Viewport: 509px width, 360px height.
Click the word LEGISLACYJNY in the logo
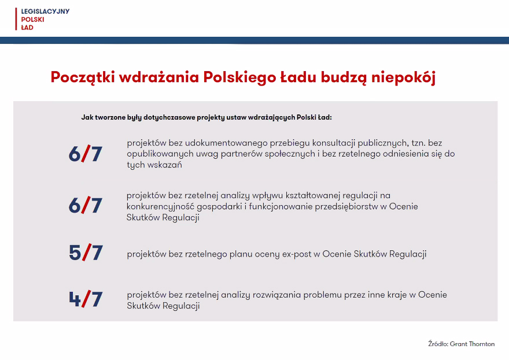[45, 12]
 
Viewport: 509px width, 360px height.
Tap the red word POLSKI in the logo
[32, 20]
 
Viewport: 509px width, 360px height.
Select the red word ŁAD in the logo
[27, 27]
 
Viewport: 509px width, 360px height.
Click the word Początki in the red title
[83, 77]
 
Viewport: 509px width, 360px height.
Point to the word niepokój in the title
[403, 78]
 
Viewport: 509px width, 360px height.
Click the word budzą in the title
[344, 78]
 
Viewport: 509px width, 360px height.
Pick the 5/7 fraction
[86, 253]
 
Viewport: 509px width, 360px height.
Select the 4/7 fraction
[86, 299]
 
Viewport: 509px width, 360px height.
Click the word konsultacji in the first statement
[334, 143]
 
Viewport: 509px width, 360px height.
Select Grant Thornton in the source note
[473, 344]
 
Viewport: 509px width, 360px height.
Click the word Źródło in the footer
[438, 344]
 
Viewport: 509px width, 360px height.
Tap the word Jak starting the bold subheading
[87, 117]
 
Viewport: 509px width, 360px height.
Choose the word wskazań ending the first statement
[165, 165]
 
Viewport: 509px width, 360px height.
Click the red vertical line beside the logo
[16, 19]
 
